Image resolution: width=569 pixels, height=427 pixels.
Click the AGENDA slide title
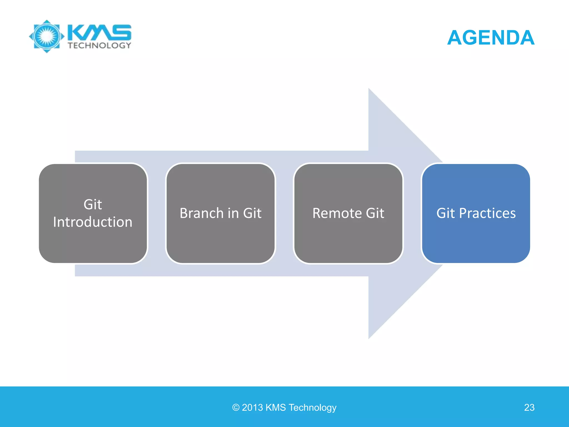click(x=491, y=38)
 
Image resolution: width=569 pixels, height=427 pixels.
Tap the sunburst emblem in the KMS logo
click(x=47, y=36)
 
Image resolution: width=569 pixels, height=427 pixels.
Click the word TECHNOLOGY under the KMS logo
click(x=99, y=45)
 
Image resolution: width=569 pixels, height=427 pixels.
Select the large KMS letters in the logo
click(x=99, y=32)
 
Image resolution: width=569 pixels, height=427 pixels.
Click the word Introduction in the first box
click(x=93, y=222)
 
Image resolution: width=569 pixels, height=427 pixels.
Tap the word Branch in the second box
click(x=201, y=213)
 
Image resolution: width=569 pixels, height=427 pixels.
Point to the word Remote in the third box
click(x=337, y=213)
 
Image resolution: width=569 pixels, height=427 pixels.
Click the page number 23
click(x=529, y=408)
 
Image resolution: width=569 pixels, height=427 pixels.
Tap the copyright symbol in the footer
click(x=236, y=408)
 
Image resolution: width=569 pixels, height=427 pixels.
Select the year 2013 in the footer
click(x=252, y=408)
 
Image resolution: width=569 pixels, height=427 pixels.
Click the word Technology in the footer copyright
click(x=313, y=408)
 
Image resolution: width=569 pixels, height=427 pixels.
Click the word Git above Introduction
click(x=93, y=205)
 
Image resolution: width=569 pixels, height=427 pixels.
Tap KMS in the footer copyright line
click(x=276, y=408)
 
